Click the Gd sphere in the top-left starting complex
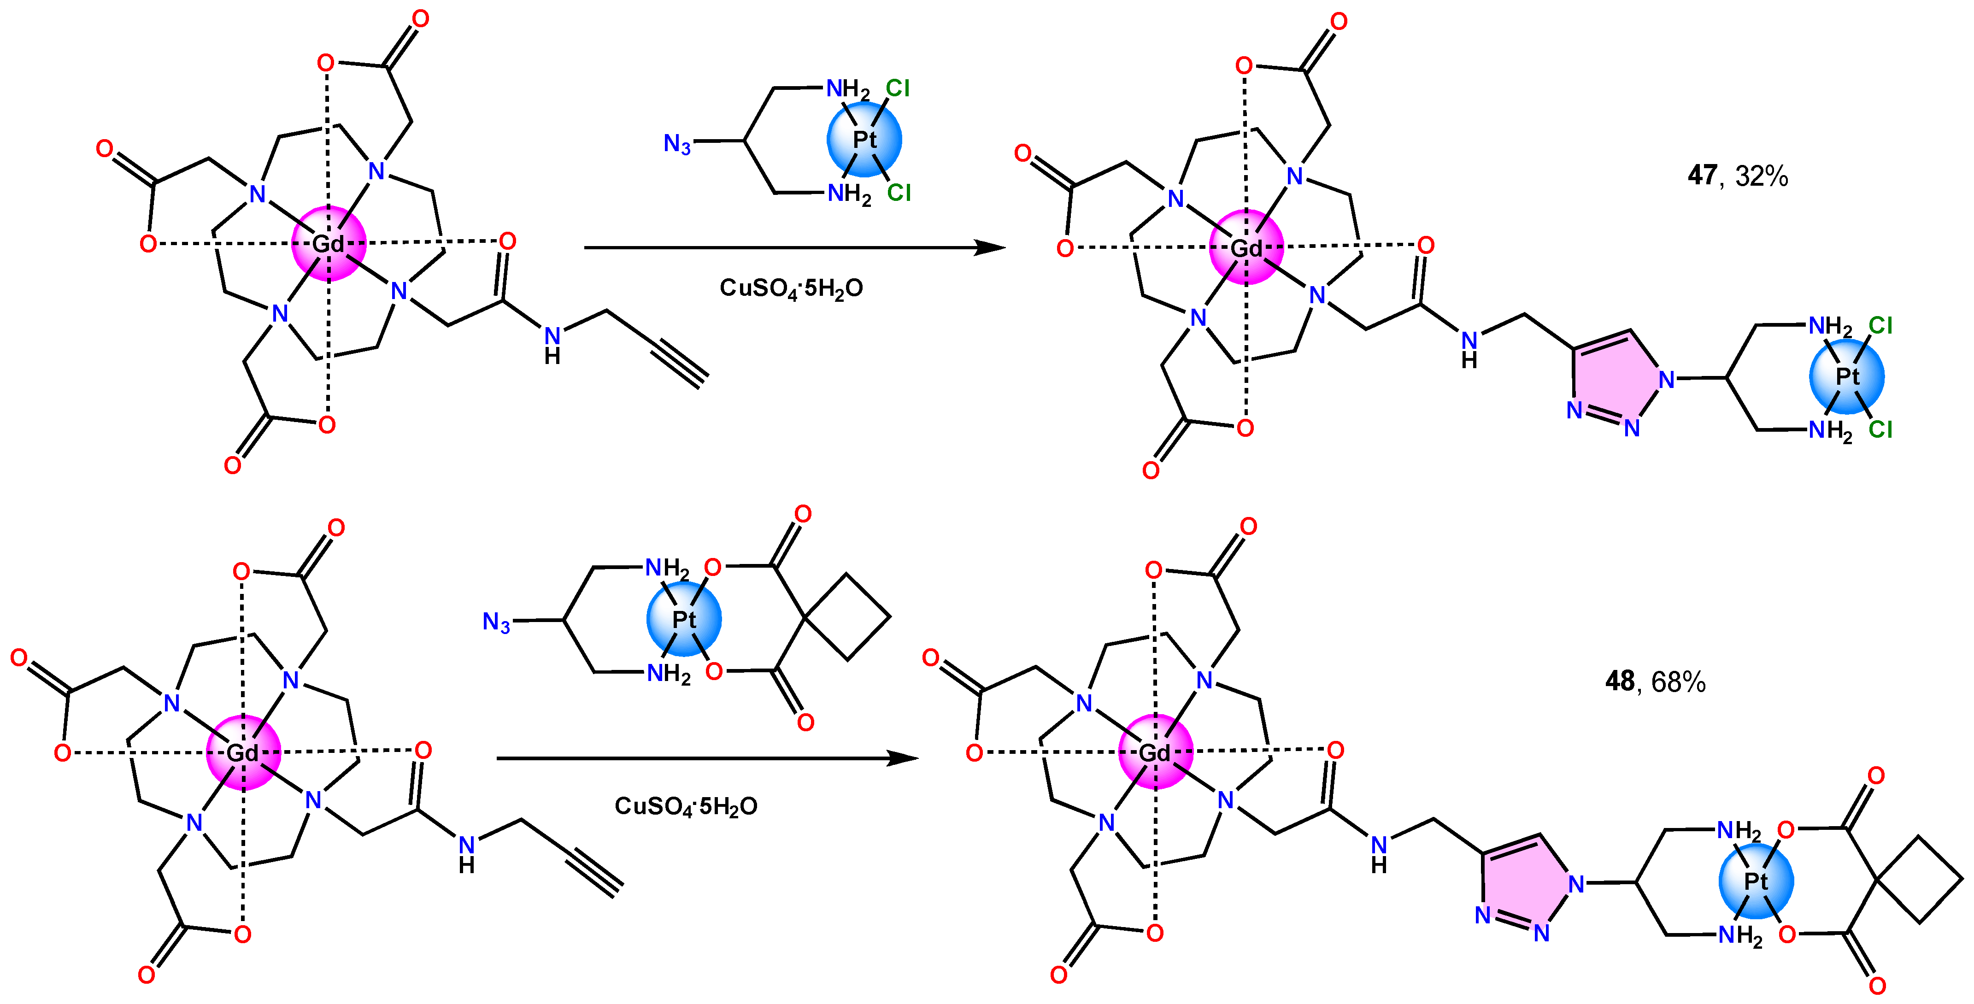point(329,244)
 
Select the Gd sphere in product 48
point(1156,752)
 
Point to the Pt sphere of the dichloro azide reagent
point(864,140)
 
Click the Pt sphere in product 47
point(1847,376)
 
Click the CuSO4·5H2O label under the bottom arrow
point(686,806)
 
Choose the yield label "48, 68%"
point(1655,681)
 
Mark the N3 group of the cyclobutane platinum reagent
point(496,622)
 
